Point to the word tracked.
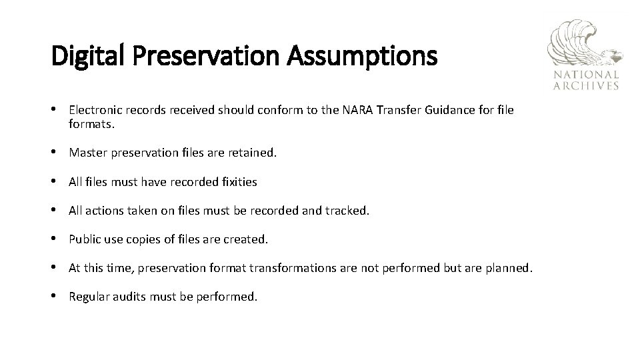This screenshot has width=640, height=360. point(347,210)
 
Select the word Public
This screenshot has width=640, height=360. point(84,239)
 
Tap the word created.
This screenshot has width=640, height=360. point(246,239)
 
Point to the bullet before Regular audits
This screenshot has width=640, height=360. point(55,297)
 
